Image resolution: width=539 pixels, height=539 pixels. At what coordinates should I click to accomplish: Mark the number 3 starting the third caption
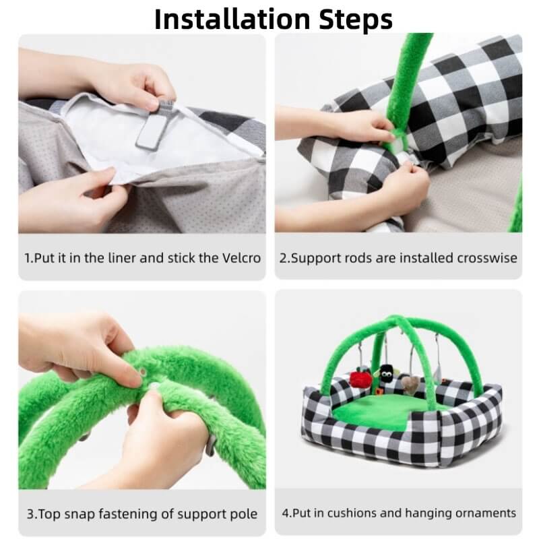(30, 514)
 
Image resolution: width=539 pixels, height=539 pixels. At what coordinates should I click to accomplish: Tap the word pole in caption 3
(244, 514)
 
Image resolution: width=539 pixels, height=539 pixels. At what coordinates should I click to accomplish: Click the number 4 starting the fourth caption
(286, 513)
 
